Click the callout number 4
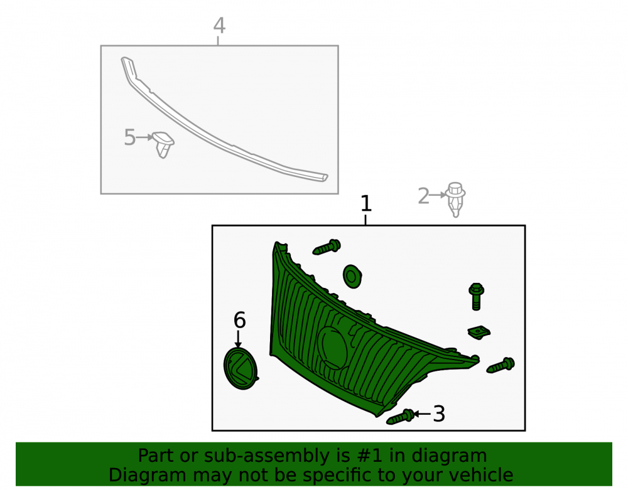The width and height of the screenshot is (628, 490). coord(219,26)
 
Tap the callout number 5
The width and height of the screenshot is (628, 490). coord(130,137)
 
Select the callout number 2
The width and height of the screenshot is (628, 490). coord(423,196)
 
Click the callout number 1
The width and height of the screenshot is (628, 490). coord(366,204)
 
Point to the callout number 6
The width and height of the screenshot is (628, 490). coord(239,320)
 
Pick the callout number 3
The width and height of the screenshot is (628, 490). coord(439,413)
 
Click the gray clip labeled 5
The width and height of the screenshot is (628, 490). coord(164,144)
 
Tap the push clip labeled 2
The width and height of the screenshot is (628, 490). coord(455,199)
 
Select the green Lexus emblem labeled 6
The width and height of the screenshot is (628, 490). coord(241,368)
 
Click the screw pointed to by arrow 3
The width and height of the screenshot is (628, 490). coord(401,417)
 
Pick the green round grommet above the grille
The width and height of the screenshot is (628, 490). coord(352,276)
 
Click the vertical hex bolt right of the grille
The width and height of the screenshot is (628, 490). coord(476,296)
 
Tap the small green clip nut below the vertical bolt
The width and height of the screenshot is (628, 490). coord(479,333)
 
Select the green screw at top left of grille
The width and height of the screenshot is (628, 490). coord(327,247)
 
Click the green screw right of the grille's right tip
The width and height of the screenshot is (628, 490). coord(501,365)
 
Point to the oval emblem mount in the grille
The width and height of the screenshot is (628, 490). coord(332,348)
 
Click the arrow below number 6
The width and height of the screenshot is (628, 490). coord(238,339)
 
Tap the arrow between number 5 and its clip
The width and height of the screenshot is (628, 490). coord(145,137)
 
